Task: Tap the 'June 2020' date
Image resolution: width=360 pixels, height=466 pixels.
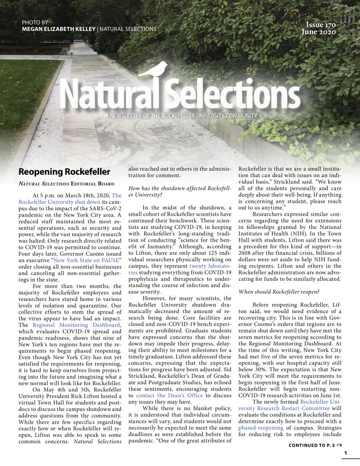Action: point(319,32)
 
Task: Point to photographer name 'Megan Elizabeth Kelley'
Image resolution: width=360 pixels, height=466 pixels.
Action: point(59,29)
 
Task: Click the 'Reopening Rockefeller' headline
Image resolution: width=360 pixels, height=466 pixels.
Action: point(64,172)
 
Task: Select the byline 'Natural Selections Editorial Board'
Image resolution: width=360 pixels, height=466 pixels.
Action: point(64,184)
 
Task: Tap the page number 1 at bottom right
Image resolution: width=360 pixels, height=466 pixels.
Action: point(345,453)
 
